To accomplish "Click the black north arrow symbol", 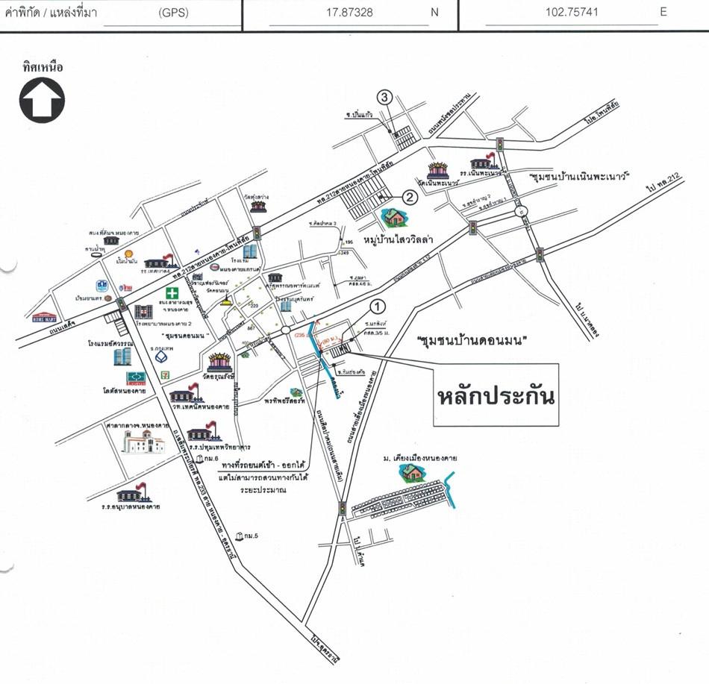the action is tap(42, 100).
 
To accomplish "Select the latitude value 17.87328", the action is tap(349, 13).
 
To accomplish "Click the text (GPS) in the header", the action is tap(175, 13).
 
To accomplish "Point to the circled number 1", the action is tap(378, 305).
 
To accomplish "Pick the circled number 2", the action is tap(410, 198).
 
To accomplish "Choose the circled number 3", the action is tap(384, 97).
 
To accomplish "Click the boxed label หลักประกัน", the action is tap(496, 395).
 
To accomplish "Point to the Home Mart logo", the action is tap(45, 316).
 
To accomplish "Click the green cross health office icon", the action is tap(172, 292).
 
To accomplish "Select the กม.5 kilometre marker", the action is tap(240, 536).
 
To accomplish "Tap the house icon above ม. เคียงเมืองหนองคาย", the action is tap(412, 471).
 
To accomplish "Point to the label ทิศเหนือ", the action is tap(43, 67).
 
